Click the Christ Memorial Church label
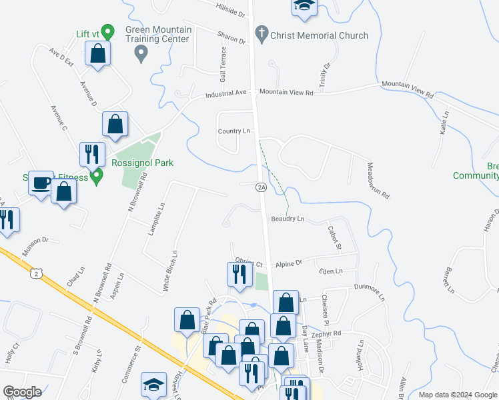pos(319,35)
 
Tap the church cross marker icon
pos(262,33)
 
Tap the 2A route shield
pos(262,188)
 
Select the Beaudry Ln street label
pos(288,219)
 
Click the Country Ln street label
pos(233,131)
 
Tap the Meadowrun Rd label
pos(378,181)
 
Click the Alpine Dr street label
pos(289,263)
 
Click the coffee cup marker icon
pos(41,183)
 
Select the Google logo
pos(22,392)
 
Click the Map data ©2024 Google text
pos(458,395)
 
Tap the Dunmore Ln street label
pos(370,293)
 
